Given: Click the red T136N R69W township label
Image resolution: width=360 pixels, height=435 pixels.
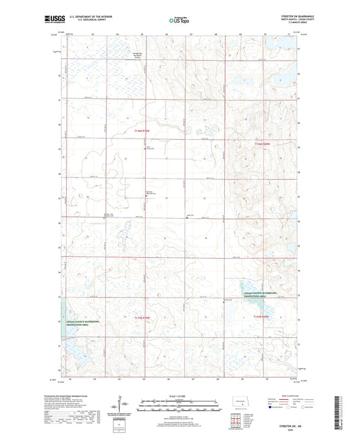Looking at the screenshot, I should (x=261, y=145).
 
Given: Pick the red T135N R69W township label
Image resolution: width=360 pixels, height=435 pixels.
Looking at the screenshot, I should (x=260, y=316).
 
